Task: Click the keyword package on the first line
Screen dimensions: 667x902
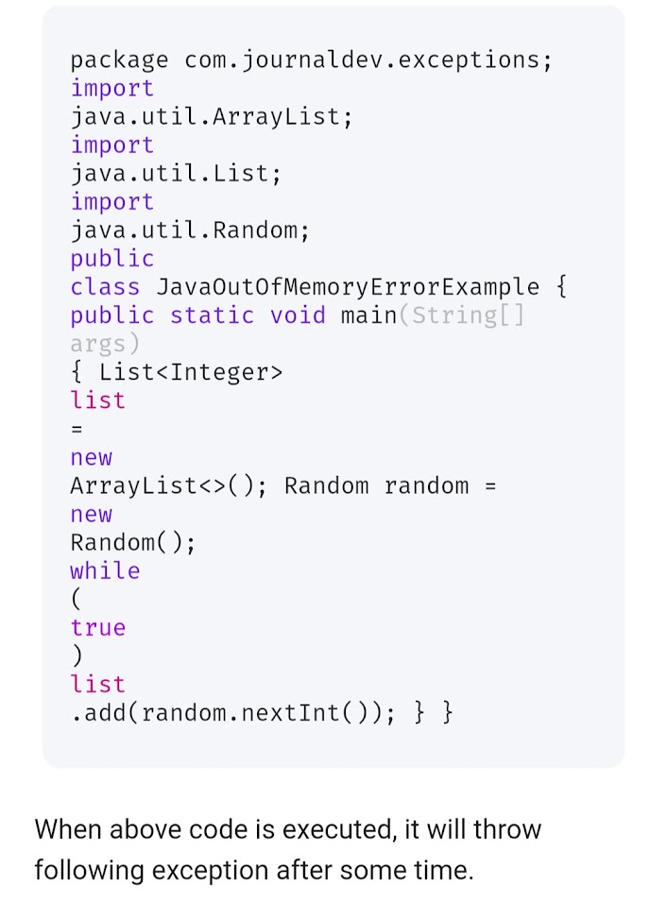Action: coord(119,60)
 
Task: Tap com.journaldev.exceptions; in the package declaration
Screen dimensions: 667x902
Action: coord(368,60)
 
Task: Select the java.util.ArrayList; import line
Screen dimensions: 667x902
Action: coord(212,117)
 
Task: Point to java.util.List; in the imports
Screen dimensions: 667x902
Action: coord(176,174)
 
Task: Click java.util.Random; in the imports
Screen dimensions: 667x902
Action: coord(190,230)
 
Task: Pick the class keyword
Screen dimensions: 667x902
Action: coord(105,287)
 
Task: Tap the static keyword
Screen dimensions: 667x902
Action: coord(212,315)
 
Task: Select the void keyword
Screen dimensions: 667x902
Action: coord(298,315)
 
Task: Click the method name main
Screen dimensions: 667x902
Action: coord(368,315)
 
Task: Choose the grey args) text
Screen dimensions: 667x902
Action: coord(105,344)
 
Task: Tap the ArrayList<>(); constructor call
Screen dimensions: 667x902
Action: coord(168,486)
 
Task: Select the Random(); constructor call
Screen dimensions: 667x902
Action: coord(133,543)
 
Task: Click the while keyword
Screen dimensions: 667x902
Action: coord(105,571)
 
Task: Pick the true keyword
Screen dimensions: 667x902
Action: coord(97,628)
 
